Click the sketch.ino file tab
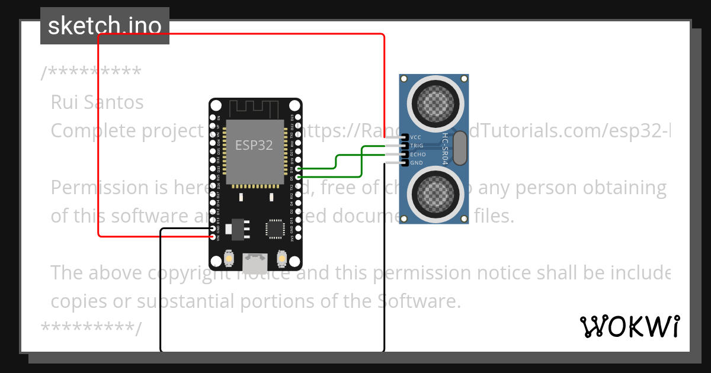point(104,26)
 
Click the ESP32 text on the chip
point(254,145)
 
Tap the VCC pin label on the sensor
point(415,137)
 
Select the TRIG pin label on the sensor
point(417,146)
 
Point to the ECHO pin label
point(418,154)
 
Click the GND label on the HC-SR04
point(417,163)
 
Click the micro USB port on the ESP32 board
point(255,259)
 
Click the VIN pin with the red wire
point(212,237)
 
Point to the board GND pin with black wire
point(212,229)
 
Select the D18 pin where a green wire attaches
point(299,169)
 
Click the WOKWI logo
point(630,326)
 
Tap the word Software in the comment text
point(417,301)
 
